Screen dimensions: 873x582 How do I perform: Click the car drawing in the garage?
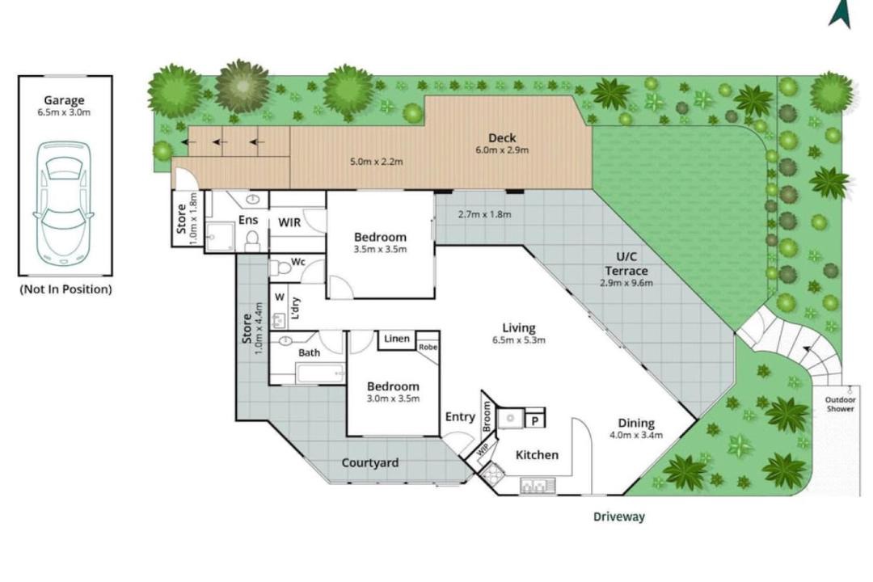[64, 204]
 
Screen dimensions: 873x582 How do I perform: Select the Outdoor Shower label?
[840, 404]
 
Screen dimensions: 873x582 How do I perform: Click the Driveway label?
[618, 517]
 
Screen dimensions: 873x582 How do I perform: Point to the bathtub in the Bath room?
[321, 373]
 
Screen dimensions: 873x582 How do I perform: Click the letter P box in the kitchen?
[534, 420]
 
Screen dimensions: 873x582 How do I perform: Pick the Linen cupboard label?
[396, 339]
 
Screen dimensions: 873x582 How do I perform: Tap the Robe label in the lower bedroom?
[428, 347]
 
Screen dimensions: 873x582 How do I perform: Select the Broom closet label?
[487, 416]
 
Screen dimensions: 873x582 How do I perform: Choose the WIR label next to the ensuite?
[289, 223]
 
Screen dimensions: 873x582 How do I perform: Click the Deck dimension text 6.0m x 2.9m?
[502, 150]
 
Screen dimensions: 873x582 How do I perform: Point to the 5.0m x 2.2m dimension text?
[377, 162]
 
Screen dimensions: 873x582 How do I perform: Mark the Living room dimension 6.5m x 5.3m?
[519, 340]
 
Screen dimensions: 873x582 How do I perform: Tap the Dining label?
[636, 424]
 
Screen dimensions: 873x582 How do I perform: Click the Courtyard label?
[369, 463]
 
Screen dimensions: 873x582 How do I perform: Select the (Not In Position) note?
[65, 289]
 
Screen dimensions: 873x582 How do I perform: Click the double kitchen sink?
[538, 486]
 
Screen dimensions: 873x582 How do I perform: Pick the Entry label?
[460, 416]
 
